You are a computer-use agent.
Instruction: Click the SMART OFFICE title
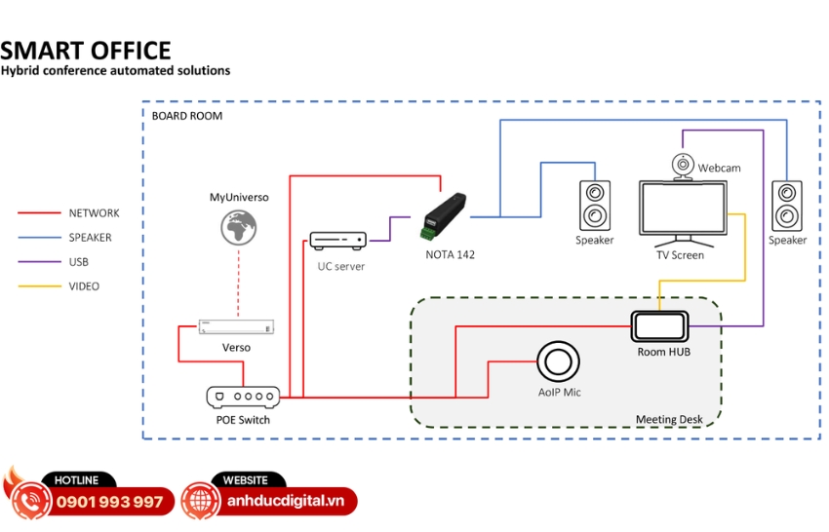click(x=86, y=51)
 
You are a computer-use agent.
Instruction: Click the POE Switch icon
click(x=243, y=397)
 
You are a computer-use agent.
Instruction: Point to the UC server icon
click(x=338, y=241)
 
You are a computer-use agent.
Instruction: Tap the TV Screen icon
click(x=683, y=209)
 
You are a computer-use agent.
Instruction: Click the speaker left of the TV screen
click(x=594, y=205)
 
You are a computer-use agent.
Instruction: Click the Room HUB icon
click(x=660, y=325)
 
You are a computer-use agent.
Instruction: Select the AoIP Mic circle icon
click(x=558, y=361)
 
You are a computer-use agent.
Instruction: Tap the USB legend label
click(x=79, y=262)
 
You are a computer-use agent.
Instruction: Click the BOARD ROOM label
click(x=187, y=116)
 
